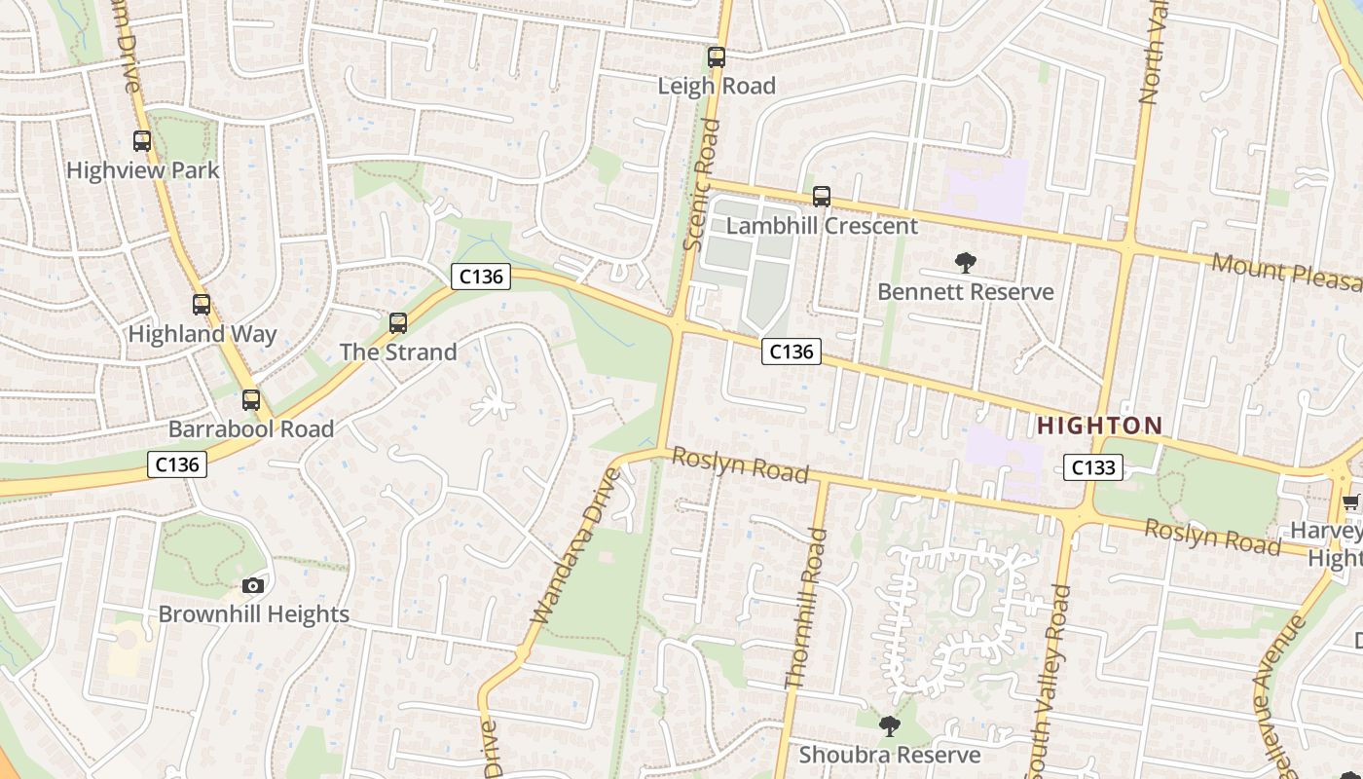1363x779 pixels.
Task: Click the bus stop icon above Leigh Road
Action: coord(717,57)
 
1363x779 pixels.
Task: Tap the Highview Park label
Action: coord(143,170)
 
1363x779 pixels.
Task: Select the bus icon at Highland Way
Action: coord(202,305)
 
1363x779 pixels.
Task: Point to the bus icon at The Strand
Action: coord(398,323)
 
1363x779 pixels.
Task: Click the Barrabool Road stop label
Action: coord(251,429)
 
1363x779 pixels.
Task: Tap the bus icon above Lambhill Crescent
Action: coord(822,197)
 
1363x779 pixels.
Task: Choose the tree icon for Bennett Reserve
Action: coord(965,262)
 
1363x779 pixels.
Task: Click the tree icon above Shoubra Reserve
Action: coord(889,725)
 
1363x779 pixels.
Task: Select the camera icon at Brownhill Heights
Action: coord(253,585)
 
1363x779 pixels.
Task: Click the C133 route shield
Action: coord(1092,467)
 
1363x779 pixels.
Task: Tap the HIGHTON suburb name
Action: coord(1099,426)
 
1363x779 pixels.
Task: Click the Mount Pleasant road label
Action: coord(1285,272)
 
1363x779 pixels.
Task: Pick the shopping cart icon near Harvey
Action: coord(1350,502)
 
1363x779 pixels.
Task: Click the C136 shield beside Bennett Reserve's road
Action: coord(791,352)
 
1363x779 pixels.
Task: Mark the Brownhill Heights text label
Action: coord(253,614)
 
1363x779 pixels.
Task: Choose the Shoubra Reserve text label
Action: coord(890,755)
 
